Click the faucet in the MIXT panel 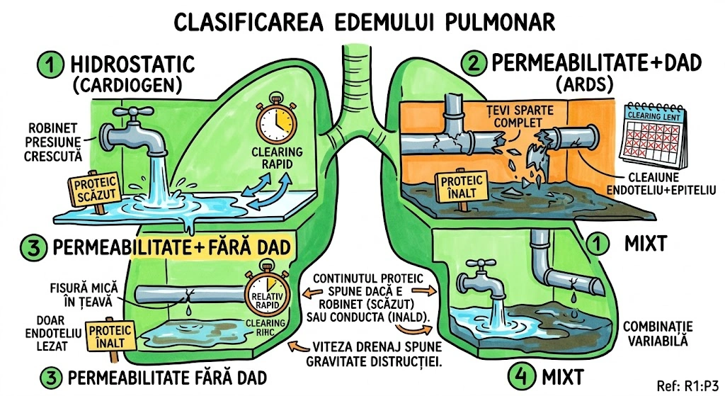[x=481, y=276]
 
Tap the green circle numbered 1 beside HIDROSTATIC [x=50, y=66]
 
